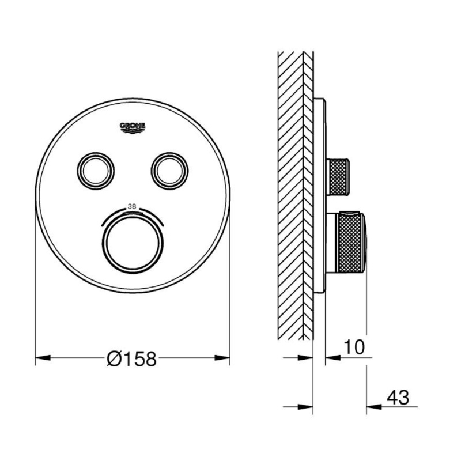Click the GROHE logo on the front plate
click(133, 127)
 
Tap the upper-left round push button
click(96, 171)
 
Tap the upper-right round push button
click(169, 171)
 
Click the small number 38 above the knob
click(132, 206)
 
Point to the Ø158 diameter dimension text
click(131, 359)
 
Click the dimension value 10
click(354, 347)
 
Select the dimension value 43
click(398, 397)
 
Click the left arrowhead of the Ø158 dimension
click(43, 358)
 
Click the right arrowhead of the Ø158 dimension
click(222, 358)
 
